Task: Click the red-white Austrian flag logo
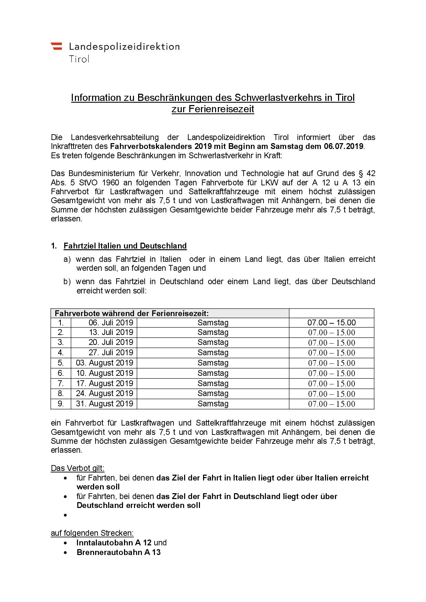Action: pyautogui.click(x=56, y=46)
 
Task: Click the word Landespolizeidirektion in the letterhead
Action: pyautogui.click(x=124, y=46)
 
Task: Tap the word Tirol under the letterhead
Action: pyautogui.click(x=79, y=59)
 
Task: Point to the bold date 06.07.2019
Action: pyautogui.click(x=343, y=147)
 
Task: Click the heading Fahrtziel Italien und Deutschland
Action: pyautogui.click(x=125, y=246)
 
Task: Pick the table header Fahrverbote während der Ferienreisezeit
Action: pyautogui.click(x=132, y=313)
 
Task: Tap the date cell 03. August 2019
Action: pyautogui.click(x=104, y=363)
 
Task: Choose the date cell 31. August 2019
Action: pyautogui.click(x=104, y=404)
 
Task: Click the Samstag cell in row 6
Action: pyautogui.click(x=213, y=373)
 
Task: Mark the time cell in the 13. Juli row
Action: pyautogui.click(x=332, y=333)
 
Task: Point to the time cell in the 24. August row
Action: pyautogui.click(x=332, y=394)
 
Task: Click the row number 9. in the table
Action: pyautogui.click(x=61, y=404)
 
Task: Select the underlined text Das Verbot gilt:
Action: pyautogui.click(x=78, y=468)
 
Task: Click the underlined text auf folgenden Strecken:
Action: pyautogui.click(x=92, y=533)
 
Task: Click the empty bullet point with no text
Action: pyautogui.click(x=66, y=515)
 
